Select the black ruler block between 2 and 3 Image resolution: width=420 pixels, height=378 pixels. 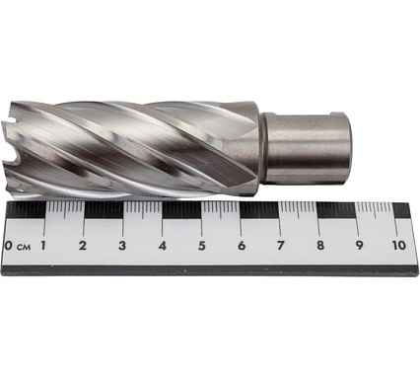coord(103,210)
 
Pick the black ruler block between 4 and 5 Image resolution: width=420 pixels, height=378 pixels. coord(181,210)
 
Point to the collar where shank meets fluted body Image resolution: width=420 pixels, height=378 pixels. coord(249,148)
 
